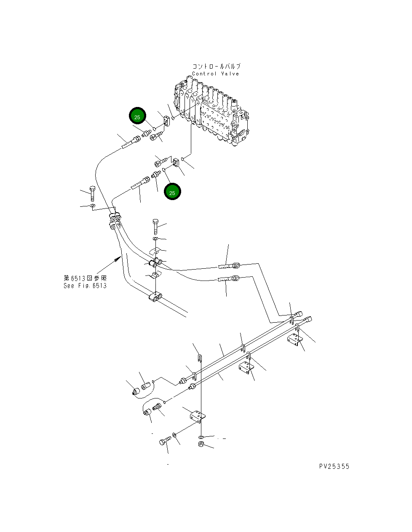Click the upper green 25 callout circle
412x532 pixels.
137,116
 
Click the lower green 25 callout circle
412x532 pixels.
172,192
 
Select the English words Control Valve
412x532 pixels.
215,74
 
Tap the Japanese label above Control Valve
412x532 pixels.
217,67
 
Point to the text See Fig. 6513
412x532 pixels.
85,286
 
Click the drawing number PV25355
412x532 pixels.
334,466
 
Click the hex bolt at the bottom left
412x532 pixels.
165,441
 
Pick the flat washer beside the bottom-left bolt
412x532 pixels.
175,434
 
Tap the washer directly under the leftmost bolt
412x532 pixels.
93,206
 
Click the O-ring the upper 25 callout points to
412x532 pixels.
155,128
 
